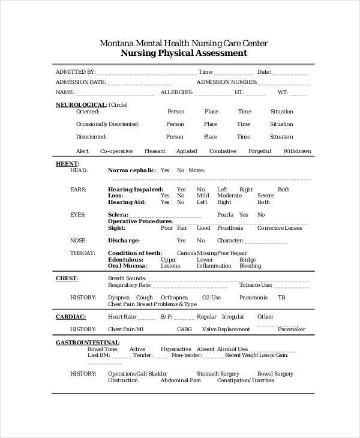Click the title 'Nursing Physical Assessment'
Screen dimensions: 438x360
[184, 53]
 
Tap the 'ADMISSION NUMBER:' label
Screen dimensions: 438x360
[227, 82]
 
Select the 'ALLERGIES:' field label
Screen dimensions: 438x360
[177, 93]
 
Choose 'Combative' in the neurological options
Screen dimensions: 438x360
[223, 151]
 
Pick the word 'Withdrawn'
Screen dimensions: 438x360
[297, 151]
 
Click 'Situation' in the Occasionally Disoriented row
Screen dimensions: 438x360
[281, 124]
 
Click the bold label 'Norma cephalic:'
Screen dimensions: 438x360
[132, 170]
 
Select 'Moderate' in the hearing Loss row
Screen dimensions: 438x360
[229, 196]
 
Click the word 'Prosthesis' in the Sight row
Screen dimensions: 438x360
[231, 228]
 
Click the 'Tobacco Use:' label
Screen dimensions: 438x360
[255, 285]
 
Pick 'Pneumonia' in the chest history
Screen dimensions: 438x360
[253, 297]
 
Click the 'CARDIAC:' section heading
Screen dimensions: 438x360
[71, 316]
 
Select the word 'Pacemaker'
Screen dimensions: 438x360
[292, 329]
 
